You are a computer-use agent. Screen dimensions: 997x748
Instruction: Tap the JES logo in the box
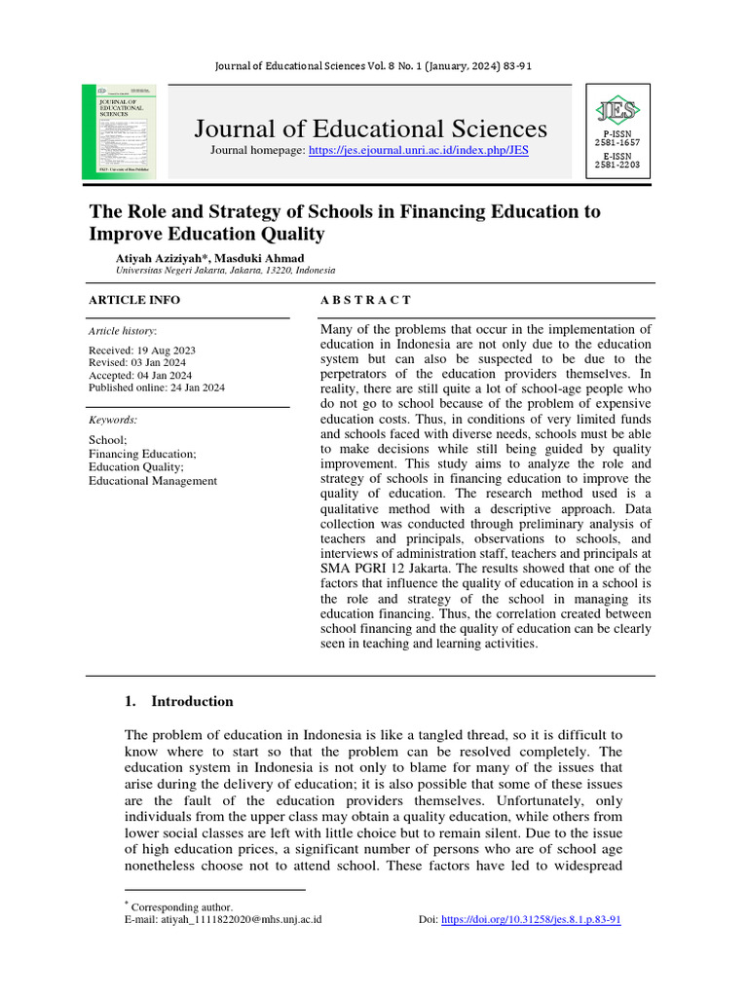click(617, 108)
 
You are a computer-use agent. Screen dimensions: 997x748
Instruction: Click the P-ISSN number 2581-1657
click(617, 143)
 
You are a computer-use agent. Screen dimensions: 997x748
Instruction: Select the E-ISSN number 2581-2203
click(617, 165)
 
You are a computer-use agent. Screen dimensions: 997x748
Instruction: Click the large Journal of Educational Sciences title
click(370, 129)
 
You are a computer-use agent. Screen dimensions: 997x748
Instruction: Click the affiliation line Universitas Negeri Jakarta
click(225, 270)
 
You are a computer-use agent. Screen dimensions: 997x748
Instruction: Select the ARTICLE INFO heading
click(134, 300)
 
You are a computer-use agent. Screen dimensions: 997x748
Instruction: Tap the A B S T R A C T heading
click(365, 300)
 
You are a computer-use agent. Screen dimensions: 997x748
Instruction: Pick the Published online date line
click(156, 387)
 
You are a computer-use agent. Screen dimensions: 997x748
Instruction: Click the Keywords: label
click(113, 420)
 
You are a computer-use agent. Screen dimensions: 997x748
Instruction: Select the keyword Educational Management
click(153, 480)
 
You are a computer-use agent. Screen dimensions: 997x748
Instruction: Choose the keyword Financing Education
click(142, 453)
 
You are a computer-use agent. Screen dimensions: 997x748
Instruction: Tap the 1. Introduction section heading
click(179, 701)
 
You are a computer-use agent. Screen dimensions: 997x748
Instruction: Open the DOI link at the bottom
click(531, 919)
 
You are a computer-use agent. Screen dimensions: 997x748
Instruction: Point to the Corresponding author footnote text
click(182, 906)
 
